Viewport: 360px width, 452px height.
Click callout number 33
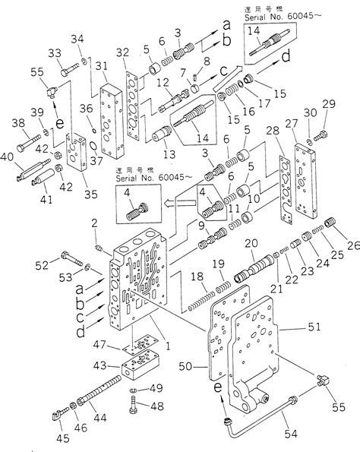pyautogui.click(x=53, y=52)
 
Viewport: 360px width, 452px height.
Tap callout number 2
pyautogui.click(x=95, y=223)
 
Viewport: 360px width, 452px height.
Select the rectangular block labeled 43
pyautogui.click(x=141, y=374)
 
